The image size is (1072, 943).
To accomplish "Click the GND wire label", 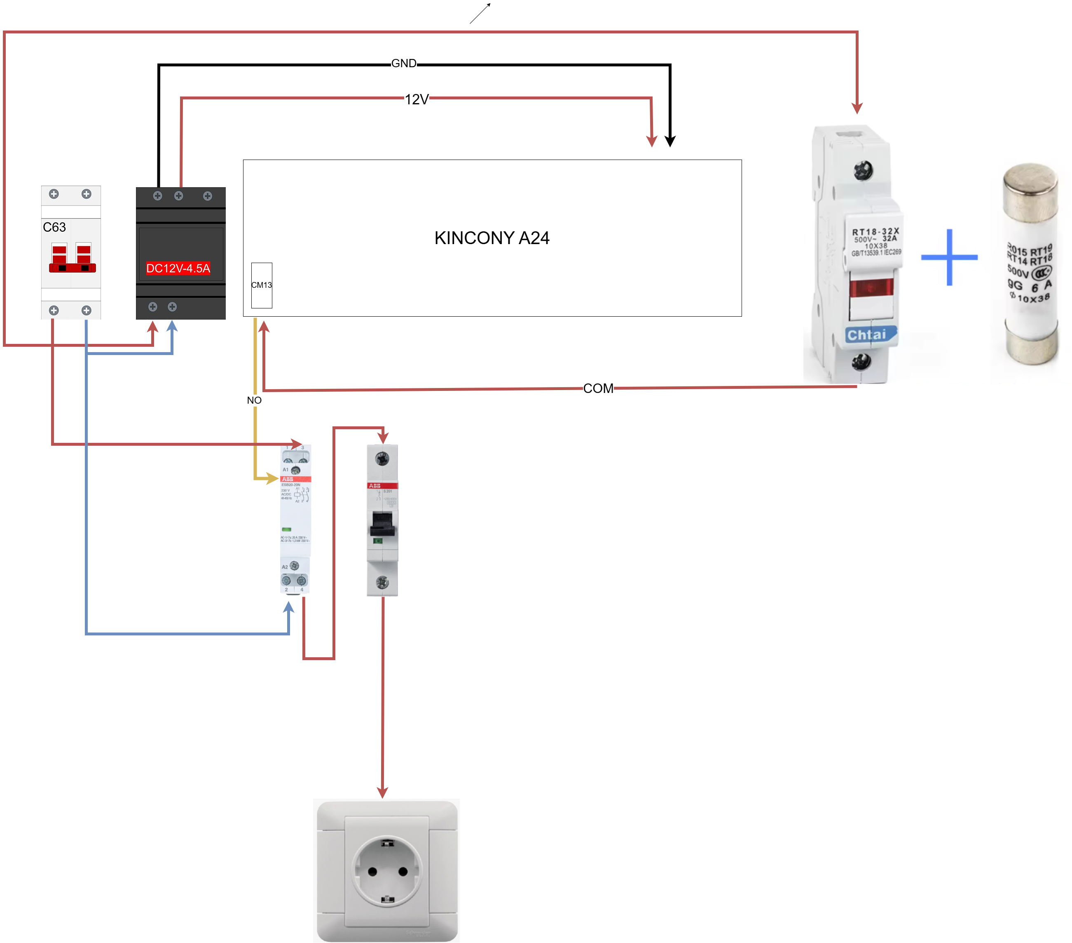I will coord(403,63).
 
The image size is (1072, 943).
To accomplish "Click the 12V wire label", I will coord(417,99).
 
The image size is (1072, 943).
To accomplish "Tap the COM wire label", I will coord(598,388).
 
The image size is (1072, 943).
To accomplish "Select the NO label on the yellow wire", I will coord(254,400).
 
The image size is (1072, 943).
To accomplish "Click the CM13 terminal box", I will coord(261,285).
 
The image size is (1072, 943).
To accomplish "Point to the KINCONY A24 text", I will coord(492,238).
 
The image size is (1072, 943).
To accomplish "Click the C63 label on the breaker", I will coord(54,227).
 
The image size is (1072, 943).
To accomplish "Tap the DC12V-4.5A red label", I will coord(178,269).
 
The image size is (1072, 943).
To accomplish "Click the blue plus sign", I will coord(949,257).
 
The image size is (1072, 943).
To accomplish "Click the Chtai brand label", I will coord(868,335).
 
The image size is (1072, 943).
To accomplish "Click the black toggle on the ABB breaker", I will coord(382,523).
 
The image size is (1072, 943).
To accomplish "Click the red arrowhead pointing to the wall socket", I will coord(383,791).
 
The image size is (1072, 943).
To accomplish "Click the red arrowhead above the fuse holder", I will coord(857,108).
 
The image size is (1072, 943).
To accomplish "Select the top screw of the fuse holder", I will coord(863,169).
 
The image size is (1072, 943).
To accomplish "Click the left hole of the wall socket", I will coord(372,871).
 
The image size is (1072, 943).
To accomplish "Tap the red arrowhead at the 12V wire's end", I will coord(651,141).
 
